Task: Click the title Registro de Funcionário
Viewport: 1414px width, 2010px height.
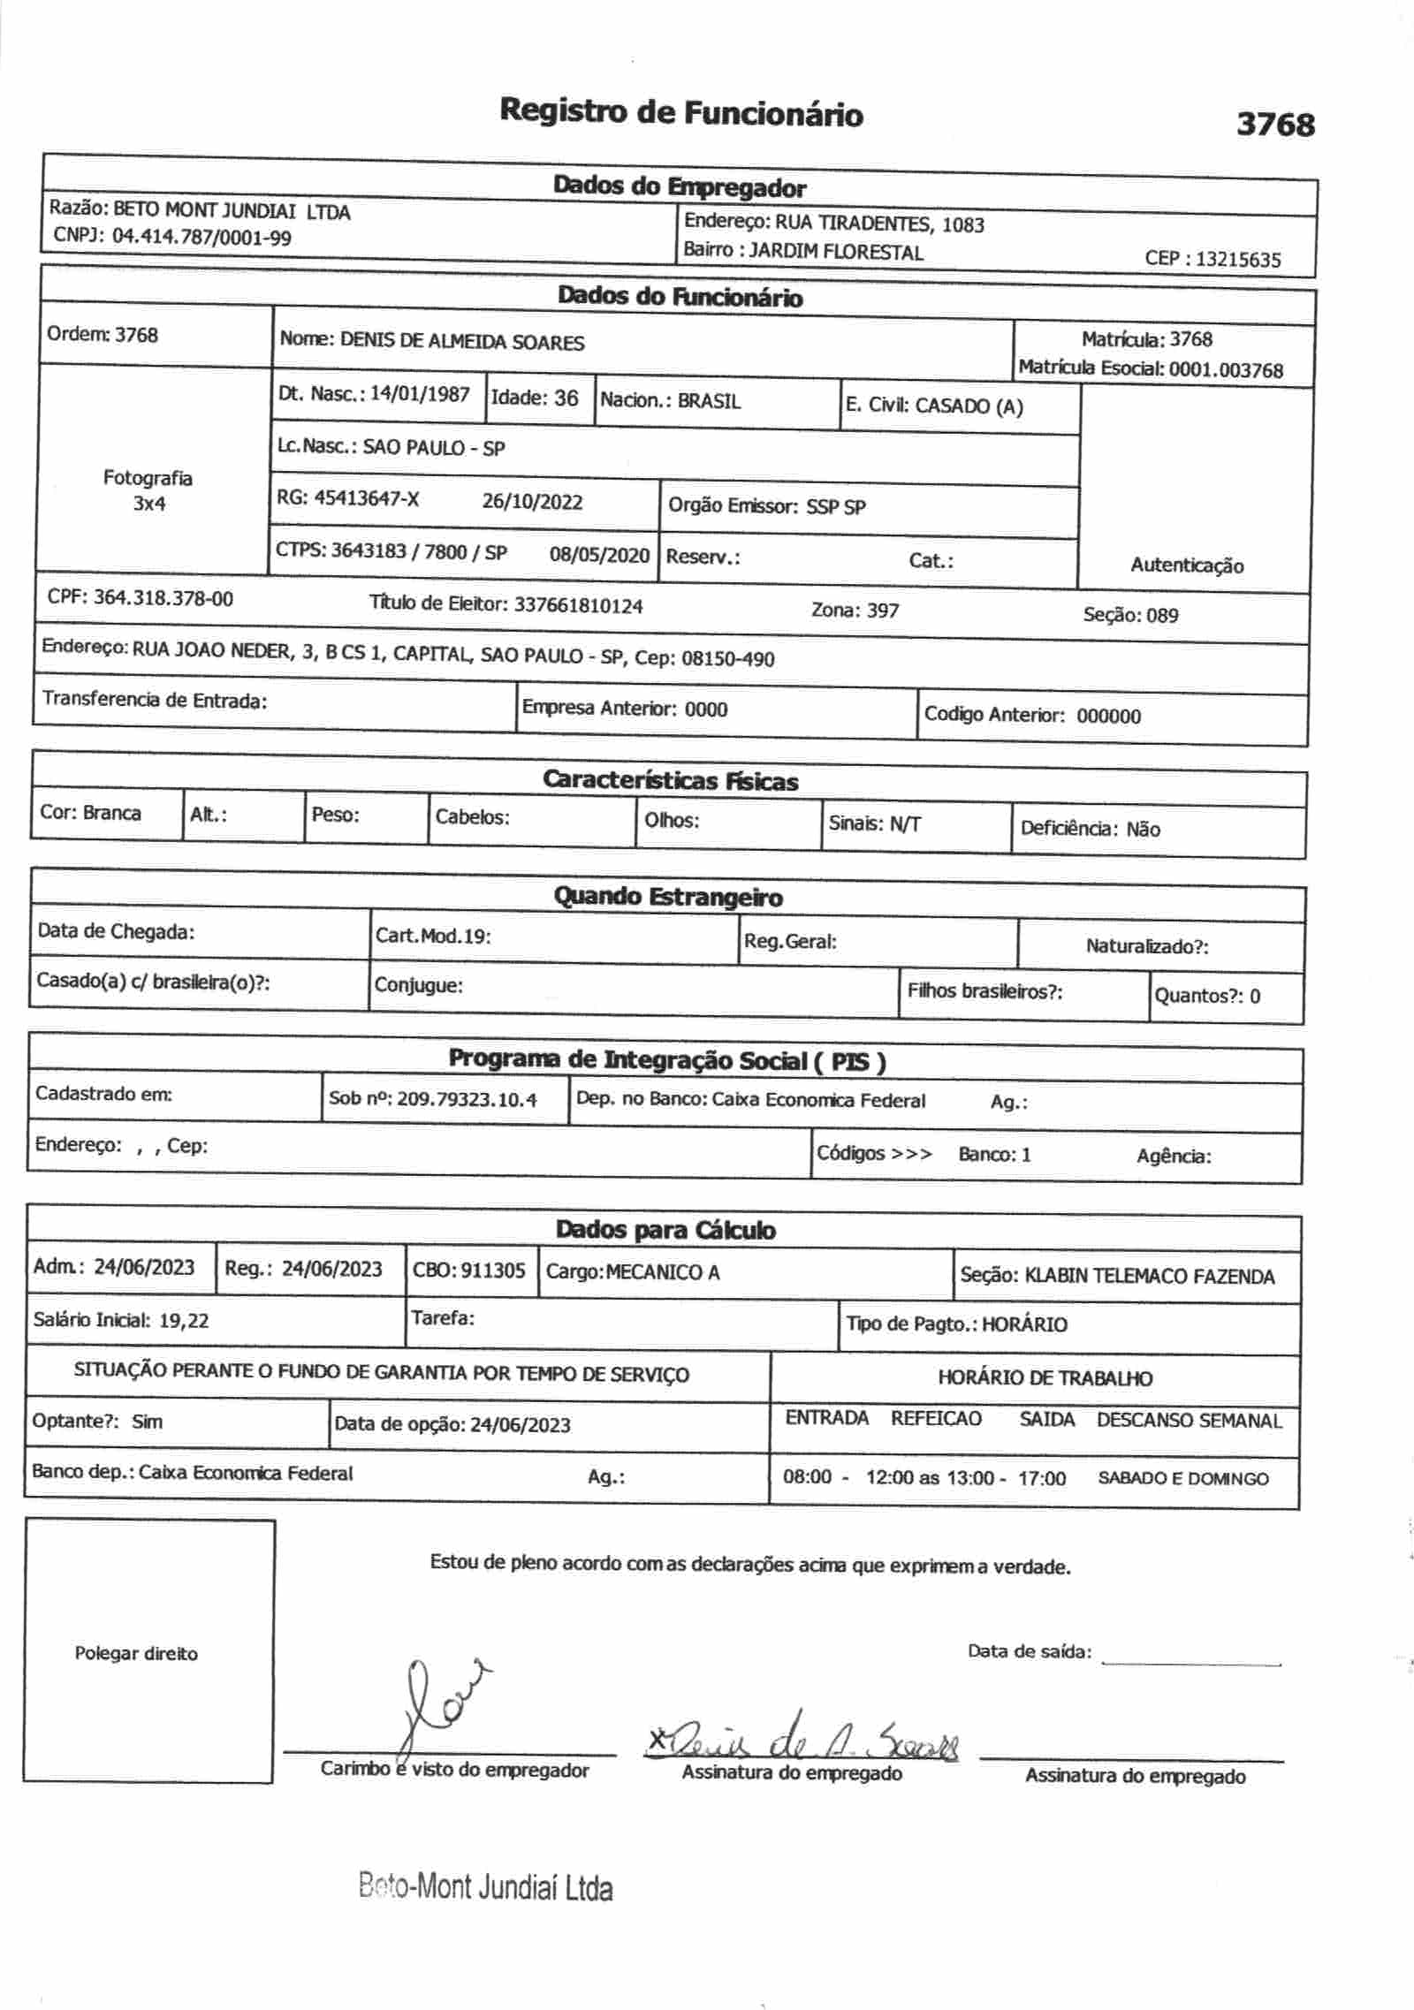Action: [681, 113]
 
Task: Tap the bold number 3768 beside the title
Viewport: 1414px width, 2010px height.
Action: [1274, 125]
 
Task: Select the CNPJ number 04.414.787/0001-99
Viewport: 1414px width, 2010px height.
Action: [201, 237]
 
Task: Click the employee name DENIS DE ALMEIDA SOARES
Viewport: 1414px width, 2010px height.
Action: [462, 342]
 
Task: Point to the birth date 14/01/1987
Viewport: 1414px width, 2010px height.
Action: [420, 394]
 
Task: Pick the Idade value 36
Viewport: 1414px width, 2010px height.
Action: [566, 398]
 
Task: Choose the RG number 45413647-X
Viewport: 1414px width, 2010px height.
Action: [367, 499]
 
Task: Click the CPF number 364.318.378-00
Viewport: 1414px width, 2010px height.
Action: [163, 599]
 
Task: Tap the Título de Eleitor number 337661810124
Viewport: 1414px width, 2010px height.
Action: [578, 606]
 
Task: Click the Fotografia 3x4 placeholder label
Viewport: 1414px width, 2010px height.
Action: [148, 490]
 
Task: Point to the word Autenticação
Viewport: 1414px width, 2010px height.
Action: [1187, 565]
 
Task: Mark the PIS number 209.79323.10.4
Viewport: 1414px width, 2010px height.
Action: [467, 1100]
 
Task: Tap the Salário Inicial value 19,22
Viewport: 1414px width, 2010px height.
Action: [184, 1320]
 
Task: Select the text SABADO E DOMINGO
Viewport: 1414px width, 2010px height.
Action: [1182, 1478]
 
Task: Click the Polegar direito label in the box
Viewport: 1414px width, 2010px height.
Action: [136, 1654]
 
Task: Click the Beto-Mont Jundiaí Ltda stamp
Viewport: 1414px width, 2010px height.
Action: [485, 1888]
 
